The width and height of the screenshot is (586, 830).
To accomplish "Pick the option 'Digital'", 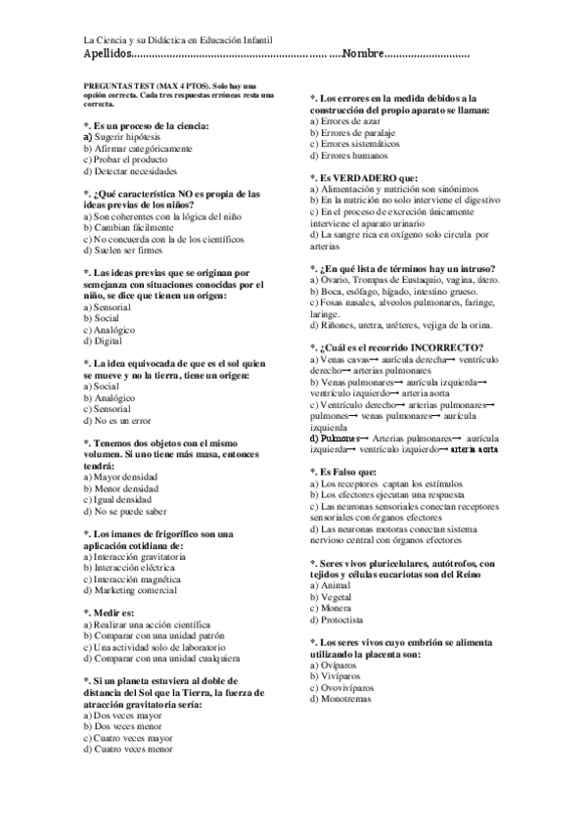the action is coord(108,341).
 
